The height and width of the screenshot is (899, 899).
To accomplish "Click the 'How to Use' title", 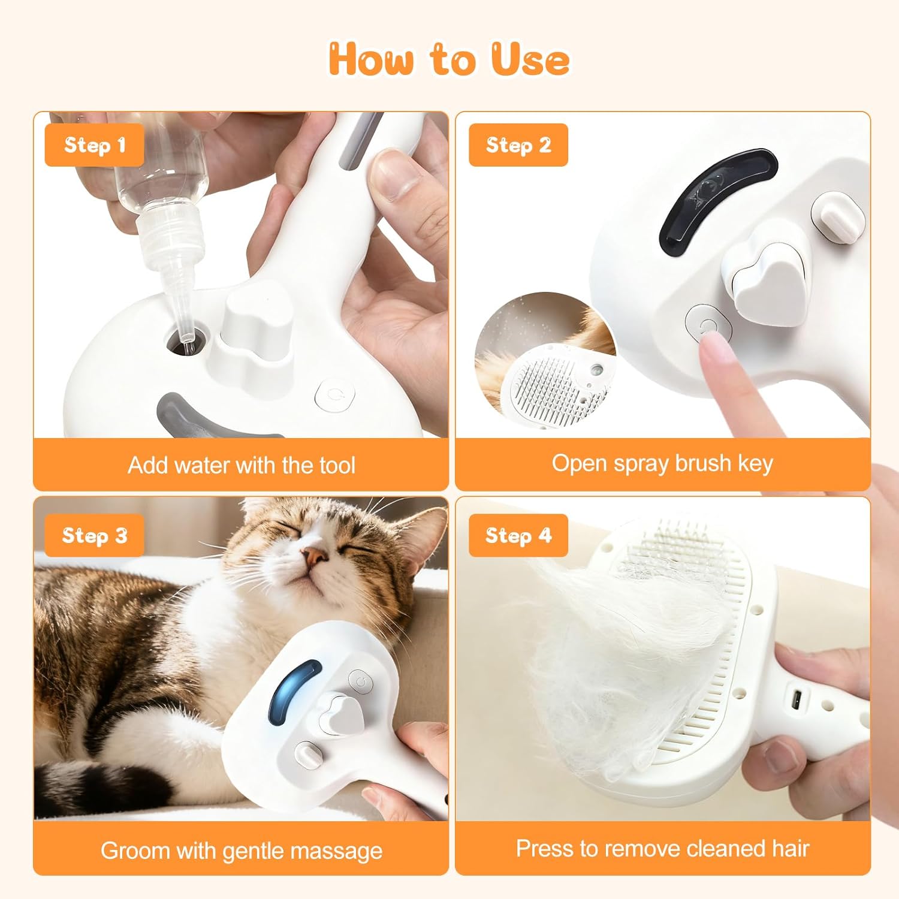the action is pyautogui.click(x=449, y=59).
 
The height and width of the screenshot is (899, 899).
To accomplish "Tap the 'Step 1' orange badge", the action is pyautogui.click(x=95, y=145).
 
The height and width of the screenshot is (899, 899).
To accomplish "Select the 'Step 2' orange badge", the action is pyautogui.click(x=518, y=145).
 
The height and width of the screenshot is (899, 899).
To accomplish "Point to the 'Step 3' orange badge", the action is pyautogui.click(x=95, y=535).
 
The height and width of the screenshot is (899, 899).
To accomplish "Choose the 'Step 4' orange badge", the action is pyautogui.click(x=518, y=535).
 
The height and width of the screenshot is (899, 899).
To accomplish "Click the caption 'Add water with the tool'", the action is pyautogui.click(x=242, y=465).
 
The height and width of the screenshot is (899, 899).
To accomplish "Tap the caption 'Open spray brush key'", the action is pyautogui.click(x=662, y=464).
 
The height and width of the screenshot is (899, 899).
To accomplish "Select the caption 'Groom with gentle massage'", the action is pyautogui.click(x=242, y=850).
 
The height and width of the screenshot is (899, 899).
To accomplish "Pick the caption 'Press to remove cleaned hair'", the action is pyautogui.click(x=662, y=849).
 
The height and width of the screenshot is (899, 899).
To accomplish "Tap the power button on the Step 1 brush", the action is pyautogui.click(x=335, y=395).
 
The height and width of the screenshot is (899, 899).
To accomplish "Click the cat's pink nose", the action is pyautogui.click(x=315, y=557).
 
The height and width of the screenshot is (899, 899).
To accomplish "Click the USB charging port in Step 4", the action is pyautogui.click(x=798, y=699).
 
